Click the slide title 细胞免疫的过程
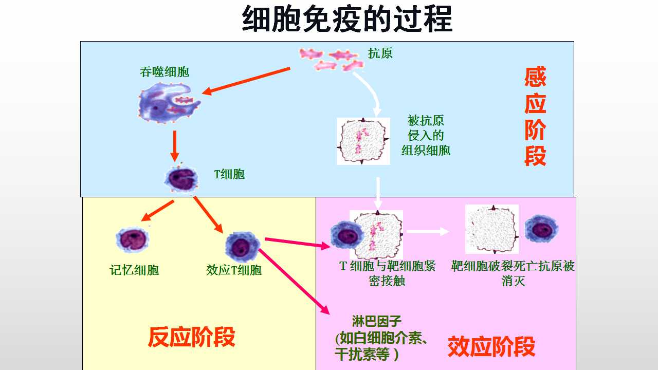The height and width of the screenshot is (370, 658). [x=347, y=20]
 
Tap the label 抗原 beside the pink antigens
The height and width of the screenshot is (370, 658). [x=380, y=53]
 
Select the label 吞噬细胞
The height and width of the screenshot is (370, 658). [x=164, y=72]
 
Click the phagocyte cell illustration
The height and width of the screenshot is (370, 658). [x=169, y=103]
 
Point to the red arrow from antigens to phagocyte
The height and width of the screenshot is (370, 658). [x=246, y=81]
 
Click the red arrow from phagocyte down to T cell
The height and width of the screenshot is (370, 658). [x=175, y=146]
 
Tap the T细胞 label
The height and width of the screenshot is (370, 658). [x=229, y=174]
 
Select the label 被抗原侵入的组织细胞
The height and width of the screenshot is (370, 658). [x=426, y=135]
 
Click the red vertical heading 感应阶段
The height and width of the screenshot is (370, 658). [x=535, y=116]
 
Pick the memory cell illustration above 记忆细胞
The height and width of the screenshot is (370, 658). [x=133, y=239]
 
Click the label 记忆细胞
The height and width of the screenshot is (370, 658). [x=134, y=270]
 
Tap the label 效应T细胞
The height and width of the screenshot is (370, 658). [x=234, y=270]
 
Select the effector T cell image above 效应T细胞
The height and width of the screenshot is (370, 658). [x=242, y=247]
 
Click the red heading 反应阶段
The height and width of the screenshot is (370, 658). [x=191, y=337]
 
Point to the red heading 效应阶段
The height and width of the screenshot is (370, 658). [x=491, y=347]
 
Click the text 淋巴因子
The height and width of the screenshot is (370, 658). [x=377, y=321]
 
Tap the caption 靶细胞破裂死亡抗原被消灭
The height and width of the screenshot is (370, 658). [x=513, y=273]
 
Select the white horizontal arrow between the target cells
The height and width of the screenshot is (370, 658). [x=428, y=232]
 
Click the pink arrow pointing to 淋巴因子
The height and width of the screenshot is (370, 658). [x=294, y=282]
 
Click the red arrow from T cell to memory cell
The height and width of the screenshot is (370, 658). [x=157, y=211]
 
